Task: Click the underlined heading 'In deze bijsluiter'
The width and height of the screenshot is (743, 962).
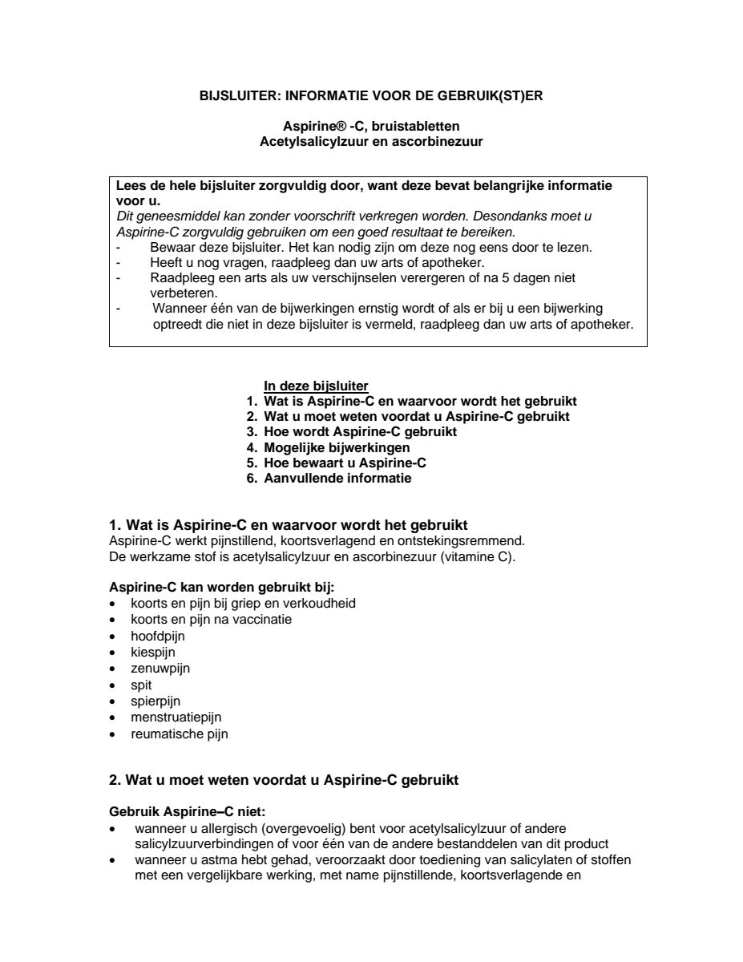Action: (x=316, y=386)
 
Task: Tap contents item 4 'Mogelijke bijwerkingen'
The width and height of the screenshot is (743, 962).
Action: (x=337, y=447)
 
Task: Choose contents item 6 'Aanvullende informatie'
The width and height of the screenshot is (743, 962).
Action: (x=337, y=479)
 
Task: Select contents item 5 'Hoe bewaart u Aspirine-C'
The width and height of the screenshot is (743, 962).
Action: (x=345, y=463)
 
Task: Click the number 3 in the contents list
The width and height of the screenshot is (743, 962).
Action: (x=251, y=432)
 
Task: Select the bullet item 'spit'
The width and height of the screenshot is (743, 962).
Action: (x=141, y=685)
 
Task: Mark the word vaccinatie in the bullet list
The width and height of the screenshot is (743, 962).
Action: (x=264, y=620)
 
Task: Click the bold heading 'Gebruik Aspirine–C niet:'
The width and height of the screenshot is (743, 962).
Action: (x=181, y=812)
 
